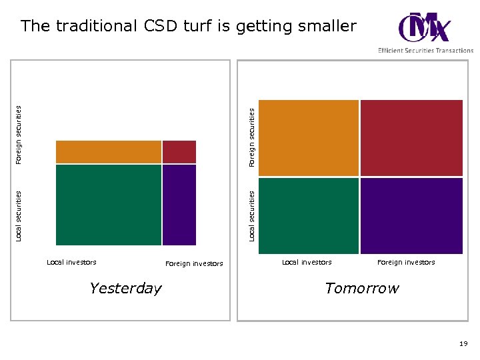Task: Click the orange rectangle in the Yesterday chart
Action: (x=109, y=152)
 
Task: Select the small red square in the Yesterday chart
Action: (x=179, y=152)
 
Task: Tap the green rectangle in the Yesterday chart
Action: (x=109, y=205)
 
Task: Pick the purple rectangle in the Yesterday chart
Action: (x=179, y=205)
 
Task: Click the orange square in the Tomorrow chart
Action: (x=308, y=138)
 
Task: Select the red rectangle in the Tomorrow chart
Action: (x=411, y=138)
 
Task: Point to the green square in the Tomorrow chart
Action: (x=308, y=215)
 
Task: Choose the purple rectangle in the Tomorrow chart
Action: (x=411, y=215)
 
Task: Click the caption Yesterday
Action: (x=125, y=289)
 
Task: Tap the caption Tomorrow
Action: (x=361, y=289)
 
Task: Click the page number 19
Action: (x=463, y=343)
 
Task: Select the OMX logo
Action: (x=424, y=27)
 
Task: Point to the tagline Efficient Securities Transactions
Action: (x=425, y=51)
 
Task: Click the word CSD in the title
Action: (x=161, y=27)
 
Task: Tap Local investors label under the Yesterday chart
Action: (x=71, y=262)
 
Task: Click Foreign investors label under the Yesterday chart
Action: (x=194, y=264)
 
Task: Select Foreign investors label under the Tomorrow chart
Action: (x=406, y=262)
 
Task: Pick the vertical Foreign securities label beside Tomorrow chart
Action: (x=252, y=138)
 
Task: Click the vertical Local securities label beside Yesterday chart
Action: (x=19, y=215)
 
